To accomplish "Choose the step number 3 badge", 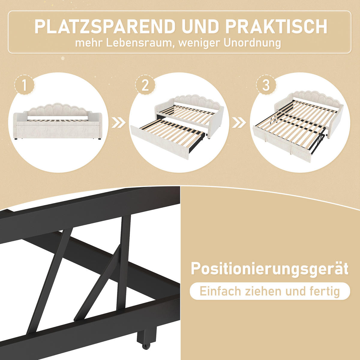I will (x=266, y=85).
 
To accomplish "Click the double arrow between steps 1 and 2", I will (x=118, y=123).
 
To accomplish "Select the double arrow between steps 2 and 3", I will (x=239, y=122).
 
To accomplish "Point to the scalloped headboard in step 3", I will (x=312, y=97).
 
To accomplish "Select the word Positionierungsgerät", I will (x=269, y=268).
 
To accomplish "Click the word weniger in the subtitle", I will (x=198, y=43).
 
